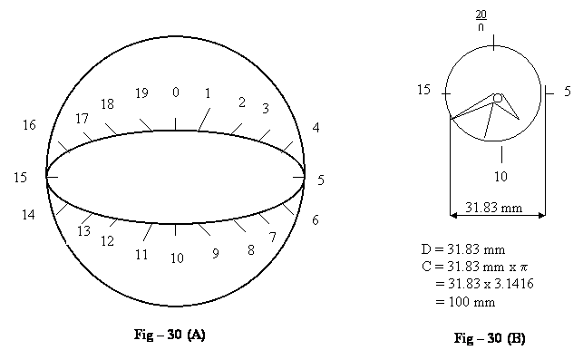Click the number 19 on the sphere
tap(141, 93)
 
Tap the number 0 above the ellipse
tap(176, 92)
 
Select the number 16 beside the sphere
tap(29, 125)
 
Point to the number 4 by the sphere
tap(316, 128)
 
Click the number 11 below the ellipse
tap(141, 255)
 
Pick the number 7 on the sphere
tap(273, 237)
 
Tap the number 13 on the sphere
tap(83, 231)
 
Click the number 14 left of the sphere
tap(28, 215)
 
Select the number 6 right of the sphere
tap(316, 220)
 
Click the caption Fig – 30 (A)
tap(170, 335)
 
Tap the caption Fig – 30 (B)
tap(490, 338)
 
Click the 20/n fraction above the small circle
tap(481, 21)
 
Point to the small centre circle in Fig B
tap(498, 98)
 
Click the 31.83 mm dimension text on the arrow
tap(494, 207)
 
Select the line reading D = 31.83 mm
tap(463, 249)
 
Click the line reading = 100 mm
tap(465, 302)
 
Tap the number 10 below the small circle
tap(500, 176)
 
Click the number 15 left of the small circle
tap(423, 90)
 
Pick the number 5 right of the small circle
tap(568, 91)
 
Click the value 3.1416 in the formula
tap(514, 284)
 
